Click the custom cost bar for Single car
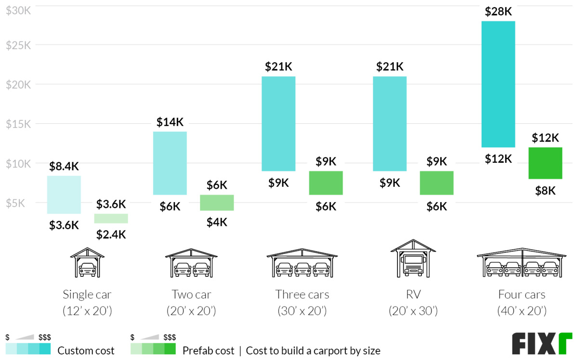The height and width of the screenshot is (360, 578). tap(64, 194)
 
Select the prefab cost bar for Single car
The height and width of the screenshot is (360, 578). tap(111, 219)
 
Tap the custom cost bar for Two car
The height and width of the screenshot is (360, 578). tap(170, 163)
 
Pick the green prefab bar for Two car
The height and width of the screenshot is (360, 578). tap(217, 203)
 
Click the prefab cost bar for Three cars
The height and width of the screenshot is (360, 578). tap(326, 183)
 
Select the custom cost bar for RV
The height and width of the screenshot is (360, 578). tap(390, 124)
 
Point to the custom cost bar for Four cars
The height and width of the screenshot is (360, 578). tap(498, 84)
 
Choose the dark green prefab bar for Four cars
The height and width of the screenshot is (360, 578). tap(545, 163)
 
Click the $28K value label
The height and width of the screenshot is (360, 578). tap(498, 12)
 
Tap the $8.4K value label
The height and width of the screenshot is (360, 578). tap(64, 167)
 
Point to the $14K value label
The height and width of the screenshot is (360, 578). tap(170, 122)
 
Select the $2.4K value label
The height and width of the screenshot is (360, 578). tap(111, 234)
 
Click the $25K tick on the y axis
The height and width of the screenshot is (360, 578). tap(18, 45)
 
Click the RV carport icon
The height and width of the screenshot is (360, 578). tap(412, 260)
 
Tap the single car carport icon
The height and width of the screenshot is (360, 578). tap(87, 263)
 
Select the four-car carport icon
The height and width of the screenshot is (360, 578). tap(522, 264)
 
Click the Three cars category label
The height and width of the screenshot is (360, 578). tap(302, 294)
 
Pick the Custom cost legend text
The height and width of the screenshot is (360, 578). tap(86, 350)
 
